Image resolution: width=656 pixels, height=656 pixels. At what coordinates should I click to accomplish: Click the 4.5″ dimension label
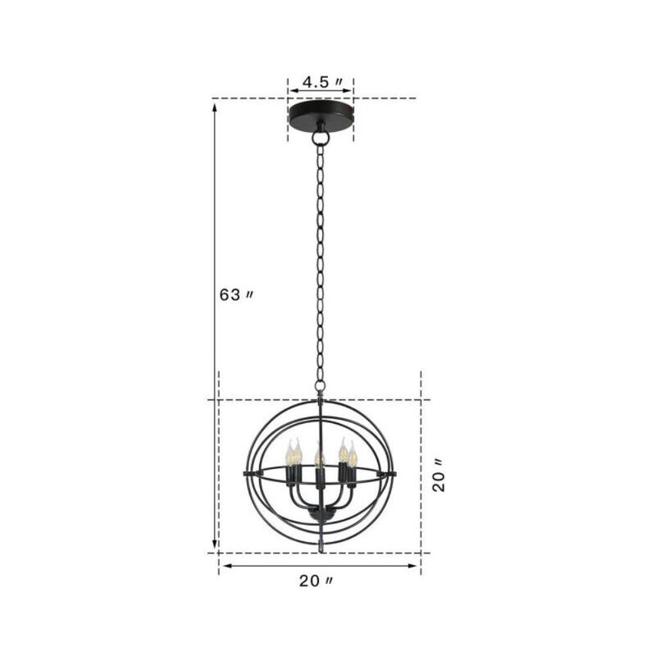(x=321, y=82)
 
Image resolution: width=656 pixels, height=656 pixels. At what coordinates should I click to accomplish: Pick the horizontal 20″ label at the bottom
(x=316, y=581)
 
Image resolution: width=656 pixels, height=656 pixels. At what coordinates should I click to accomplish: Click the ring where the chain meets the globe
(x=320, y=385)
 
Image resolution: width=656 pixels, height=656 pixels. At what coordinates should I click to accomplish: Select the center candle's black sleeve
(x=318, y=476)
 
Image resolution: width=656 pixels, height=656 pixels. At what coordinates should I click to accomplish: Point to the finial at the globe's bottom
(x=319, y=543)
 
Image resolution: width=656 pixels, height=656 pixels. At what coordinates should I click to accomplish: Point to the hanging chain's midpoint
(x=320, y=262)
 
